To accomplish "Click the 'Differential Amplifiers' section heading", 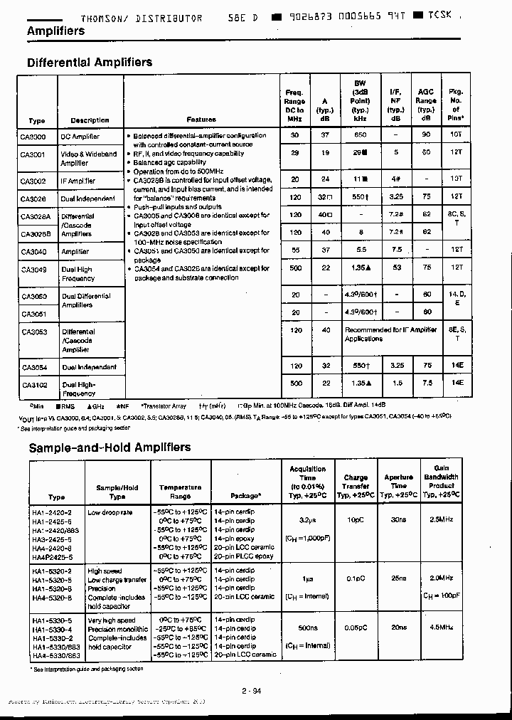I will [x=90, y=63].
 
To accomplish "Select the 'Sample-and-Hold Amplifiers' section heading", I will [x=109, y=448].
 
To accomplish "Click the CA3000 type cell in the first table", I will [x=33, y=136].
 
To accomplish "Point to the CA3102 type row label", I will [x=33, y=385].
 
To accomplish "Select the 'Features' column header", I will [x=201, y=120].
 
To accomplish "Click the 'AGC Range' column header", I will [x=426, y=105].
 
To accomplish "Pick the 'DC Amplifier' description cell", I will [x=80, y=136].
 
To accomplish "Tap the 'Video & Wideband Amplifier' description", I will [x=89, y=158].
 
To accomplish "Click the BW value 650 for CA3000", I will [x=360, y=135].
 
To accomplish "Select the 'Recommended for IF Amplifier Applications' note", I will [x=390, y=334].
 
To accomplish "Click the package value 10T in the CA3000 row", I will [x=456, y=135].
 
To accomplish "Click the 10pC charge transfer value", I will [x=356, y=521].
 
